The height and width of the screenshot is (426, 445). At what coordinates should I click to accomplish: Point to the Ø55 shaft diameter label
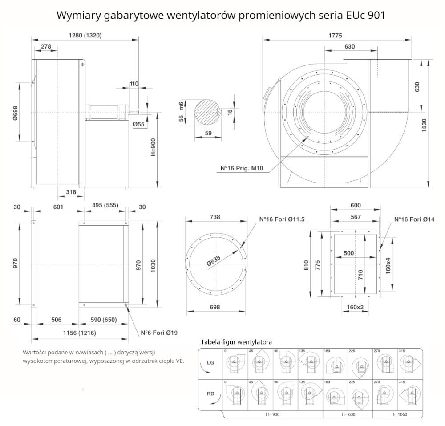point(139,125)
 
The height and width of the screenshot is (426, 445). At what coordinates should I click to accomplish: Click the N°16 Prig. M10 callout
point(242,169)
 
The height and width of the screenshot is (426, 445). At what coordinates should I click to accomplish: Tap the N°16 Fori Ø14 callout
point(414,219)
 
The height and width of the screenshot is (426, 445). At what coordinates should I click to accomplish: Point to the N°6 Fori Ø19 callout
point(159,333)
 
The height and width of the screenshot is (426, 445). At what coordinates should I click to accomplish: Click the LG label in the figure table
point(211,363)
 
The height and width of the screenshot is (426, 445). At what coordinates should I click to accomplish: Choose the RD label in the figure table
point(211,394)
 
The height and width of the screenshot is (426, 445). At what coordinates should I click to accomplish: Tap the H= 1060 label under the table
point(399,414)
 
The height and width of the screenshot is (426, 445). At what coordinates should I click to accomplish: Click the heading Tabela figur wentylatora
point(236,342)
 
